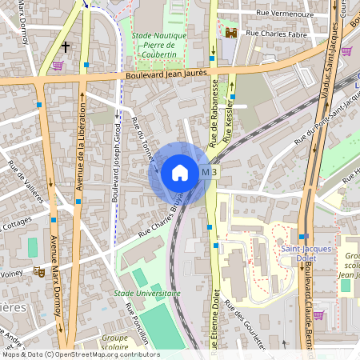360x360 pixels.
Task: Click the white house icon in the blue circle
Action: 180,172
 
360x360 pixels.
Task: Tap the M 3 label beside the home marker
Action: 209,172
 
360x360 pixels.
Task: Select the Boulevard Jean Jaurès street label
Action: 172,77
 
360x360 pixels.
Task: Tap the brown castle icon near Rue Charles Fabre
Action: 232,34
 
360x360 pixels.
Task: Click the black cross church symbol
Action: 65,46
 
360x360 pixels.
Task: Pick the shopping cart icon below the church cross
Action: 58,66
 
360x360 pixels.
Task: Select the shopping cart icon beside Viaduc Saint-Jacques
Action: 346,50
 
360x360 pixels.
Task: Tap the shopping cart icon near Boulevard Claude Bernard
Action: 318,315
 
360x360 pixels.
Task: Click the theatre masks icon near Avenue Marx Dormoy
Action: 38,272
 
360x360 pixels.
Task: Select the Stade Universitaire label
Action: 147,293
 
